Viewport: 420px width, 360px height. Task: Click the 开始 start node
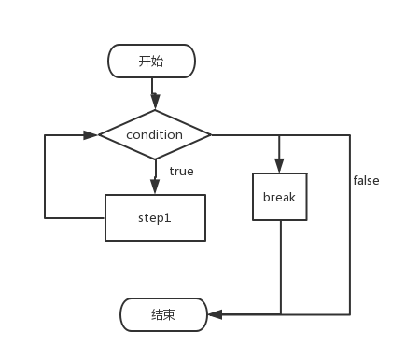click(151, 62)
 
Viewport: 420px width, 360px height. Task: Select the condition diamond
click(155, 134)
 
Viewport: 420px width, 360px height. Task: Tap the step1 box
click(155, 217)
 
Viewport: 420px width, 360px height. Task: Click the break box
click(279, 197)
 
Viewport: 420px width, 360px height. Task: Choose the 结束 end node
click(163, 314)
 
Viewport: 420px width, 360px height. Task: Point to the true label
click(181, 171)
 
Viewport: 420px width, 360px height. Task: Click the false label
click(366, 180)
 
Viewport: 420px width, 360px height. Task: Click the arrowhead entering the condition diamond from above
click(155, 104)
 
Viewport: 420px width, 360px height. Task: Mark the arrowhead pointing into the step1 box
click(155, 188)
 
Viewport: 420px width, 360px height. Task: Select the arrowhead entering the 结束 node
click(215, 314)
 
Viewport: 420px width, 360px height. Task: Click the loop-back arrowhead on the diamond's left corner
click(91, 134)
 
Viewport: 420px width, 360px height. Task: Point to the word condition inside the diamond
click(155, 134)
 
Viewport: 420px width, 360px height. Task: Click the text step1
click(155, 217)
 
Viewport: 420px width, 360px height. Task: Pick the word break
click(279, 197)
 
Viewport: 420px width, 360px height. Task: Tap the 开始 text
click(151, 62)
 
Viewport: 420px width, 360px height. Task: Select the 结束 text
click(163, 314)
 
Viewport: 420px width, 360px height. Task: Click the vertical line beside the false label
click(350, 224)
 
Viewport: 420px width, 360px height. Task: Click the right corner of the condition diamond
click(210, 134)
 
